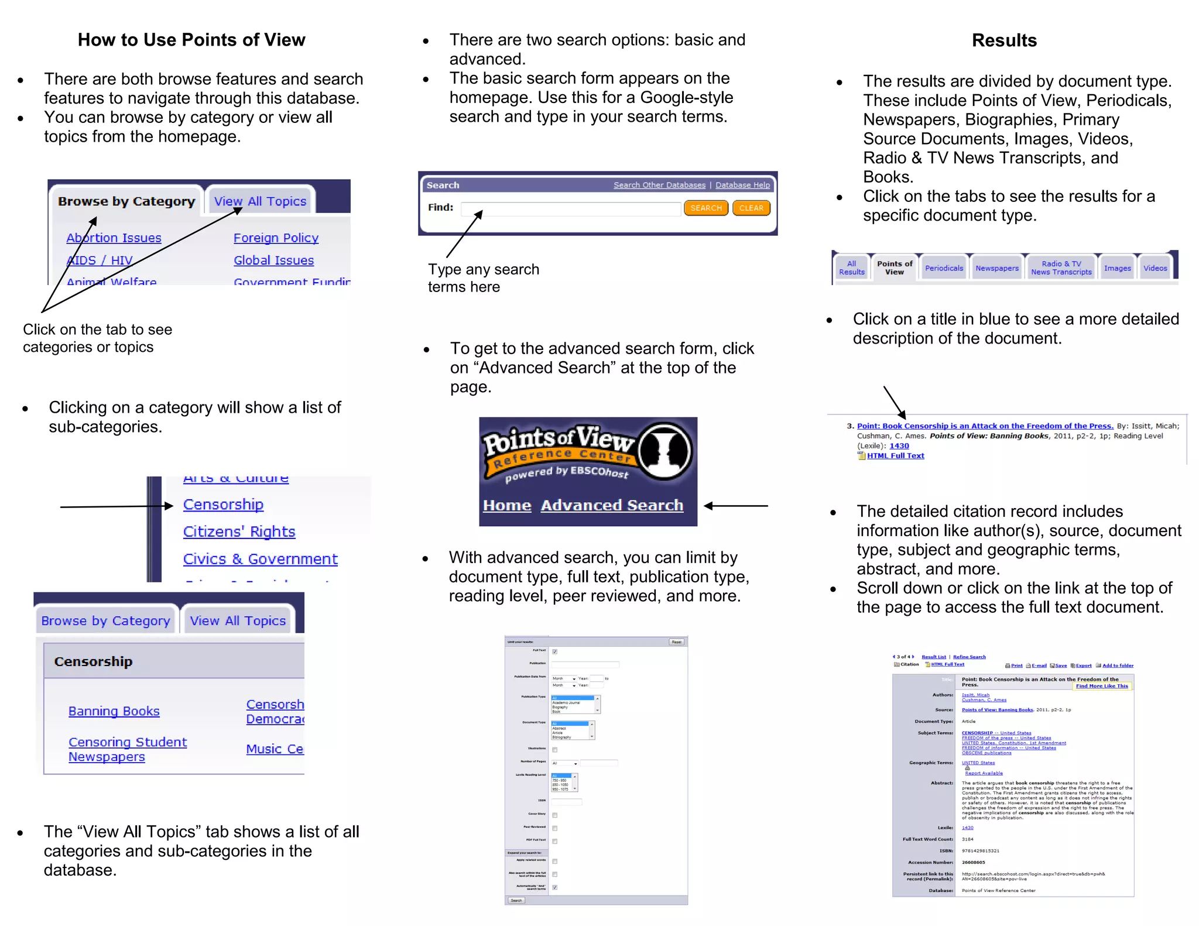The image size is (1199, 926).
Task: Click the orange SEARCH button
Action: [705, 208]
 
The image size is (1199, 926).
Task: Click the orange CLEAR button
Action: [751, 208]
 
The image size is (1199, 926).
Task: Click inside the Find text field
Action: [571, 209]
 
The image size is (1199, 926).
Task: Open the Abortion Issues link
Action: [114, 238]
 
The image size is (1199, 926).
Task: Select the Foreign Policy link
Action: [276, 238]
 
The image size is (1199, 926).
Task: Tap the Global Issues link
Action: [273, 260]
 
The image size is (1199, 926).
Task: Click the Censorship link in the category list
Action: [223, 504]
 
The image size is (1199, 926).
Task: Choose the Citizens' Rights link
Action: [239, 531]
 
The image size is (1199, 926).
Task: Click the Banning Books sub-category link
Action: [114, 711]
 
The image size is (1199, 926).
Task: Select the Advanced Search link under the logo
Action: [612, 505]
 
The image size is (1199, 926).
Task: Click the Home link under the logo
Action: [507, 505]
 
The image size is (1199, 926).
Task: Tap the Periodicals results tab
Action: [944, 268]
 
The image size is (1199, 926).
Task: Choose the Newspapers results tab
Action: [996, 268]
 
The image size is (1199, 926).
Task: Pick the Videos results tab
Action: [1155, 268]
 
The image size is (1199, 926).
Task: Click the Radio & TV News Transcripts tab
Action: [1061, 268]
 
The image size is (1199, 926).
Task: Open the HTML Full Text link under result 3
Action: [895, 455]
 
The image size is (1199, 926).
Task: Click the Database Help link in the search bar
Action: [742, 185]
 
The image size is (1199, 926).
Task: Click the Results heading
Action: [1004, 40]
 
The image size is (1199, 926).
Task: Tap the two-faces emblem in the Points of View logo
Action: [664, 451]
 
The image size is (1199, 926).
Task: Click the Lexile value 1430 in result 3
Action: [899, 445]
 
